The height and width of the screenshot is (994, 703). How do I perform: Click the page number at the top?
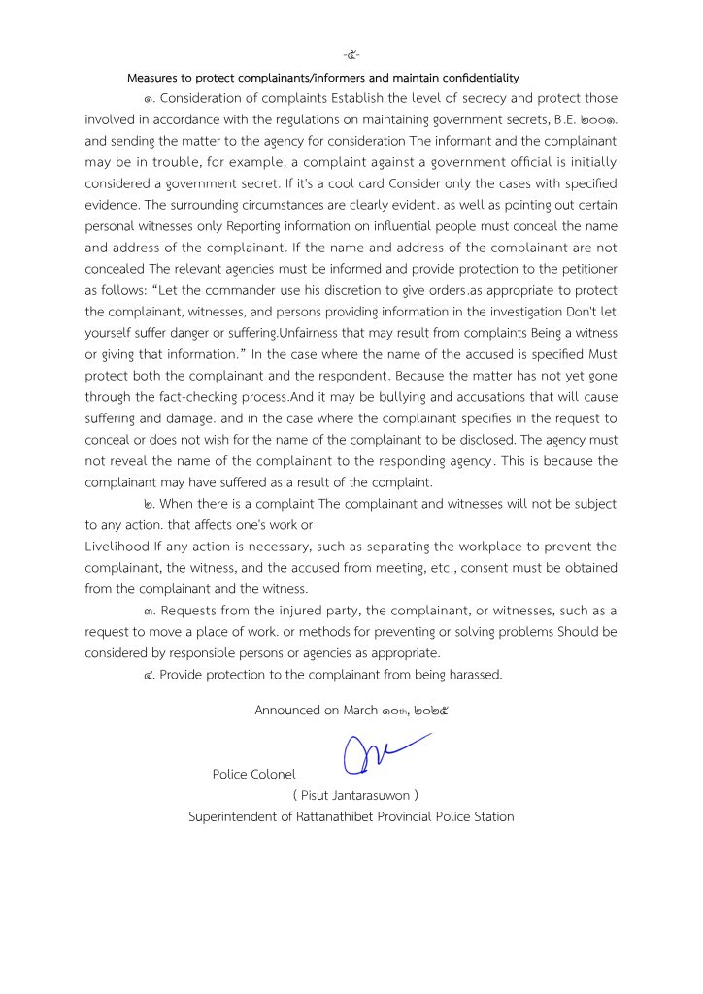tap(351, 53)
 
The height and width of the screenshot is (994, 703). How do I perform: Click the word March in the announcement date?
tap(361, 711)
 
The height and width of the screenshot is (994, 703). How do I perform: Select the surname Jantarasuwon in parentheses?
tap(368, 795)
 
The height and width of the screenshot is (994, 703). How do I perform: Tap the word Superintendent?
tap(237, 816)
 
